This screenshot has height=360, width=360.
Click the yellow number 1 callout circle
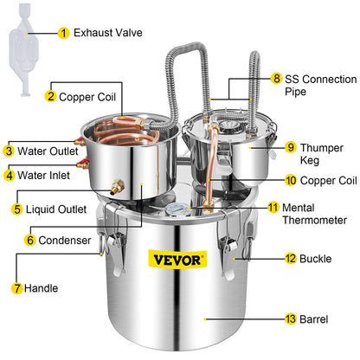pos(63,34)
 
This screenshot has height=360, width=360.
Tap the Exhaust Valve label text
pos(103,34)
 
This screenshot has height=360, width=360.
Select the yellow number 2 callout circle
pos(51,97)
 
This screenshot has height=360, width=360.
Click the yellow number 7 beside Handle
pos(16,287)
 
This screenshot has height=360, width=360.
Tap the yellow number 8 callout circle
pos(276,77)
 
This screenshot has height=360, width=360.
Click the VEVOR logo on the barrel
pos(179,258)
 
